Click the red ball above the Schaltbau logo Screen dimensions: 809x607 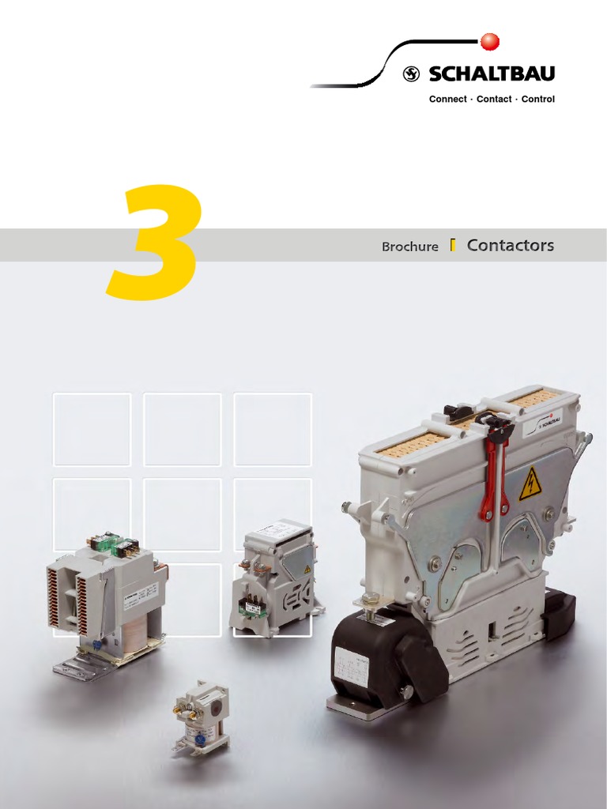[489, 40]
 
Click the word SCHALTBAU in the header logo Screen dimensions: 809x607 [491, 74]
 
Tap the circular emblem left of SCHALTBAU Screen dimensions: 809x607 [411, 74]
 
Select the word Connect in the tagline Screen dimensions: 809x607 [447, 100]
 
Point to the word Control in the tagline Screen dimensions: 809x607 [538, 100]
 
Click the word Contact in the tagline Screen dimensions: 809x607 [494, 100]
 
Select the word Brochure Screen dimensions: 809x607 [409, 246]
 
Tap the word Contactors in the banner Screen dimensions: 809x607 [510, 246]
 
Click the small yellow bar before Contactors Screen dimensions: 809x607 [452, 245]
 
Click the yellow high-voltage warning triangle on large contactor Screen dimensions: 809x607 [529, 484]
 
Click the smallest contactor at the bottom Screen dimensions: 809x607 [202, 717]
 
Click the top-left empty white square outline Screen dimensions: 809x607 [92, 429]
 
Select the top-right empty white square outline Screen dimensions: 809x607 [273, 429]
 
